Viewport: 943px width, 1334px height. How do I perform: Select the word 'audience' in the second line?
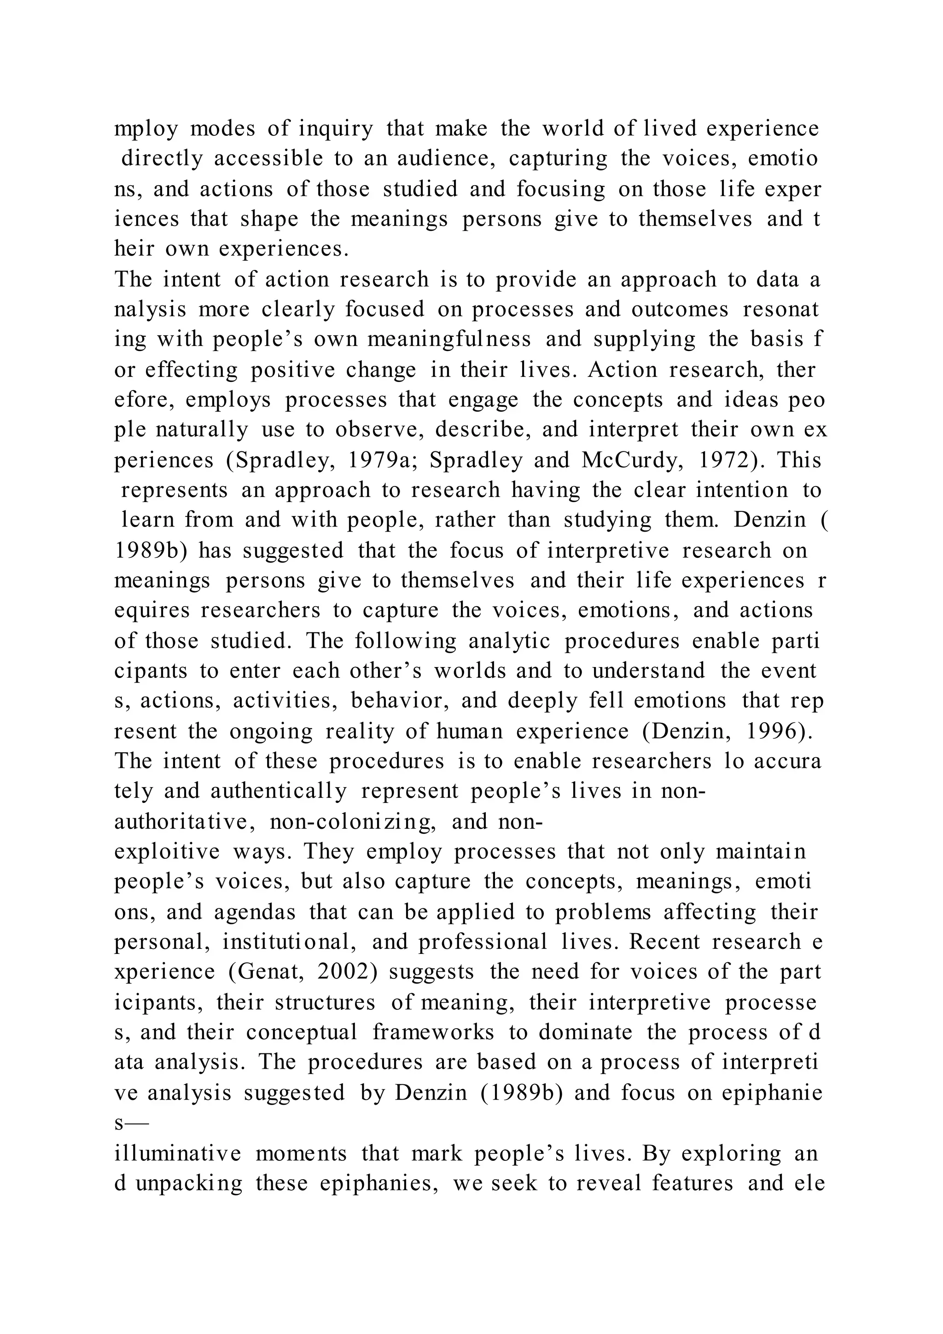pyautogui.click(x=437, y=158)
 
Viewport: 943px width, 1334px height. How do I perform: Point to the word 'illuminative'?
pyautogui.click(x=178, y=1153)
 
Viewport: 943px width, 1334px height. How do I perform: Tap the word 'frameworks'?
pyautogui.click(x=433, y=1032)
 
